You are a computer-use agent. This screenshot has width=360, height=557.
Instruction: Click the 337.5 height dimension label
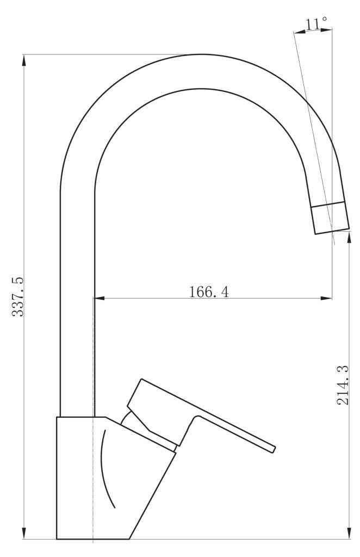pyautogui.click(x=18, y=296)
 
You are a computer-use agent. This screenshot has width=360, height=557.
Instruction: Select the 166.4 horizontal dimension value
pyautogui.click(x=209, y=292)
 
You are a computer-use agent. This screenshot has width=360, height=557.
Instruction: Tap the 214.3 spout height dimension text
pyautogui.click(x=343, y=385)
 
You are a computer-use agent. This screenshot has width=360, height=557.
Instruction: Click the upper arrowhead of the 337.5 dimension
pyautogui.click(x=24, y=60)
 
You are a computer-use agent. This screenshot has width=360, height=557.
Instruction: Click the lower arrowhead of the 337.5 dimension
pyautogui.click(x=24, y=533)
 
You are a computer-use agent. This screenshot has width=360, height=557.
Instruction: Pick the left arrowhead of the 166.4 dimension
pyautogui.click(x=100, y=298)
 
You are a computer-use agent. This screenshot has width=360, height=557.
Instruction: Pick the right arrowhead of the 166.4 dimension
pyautogui.click(x=326, y=298)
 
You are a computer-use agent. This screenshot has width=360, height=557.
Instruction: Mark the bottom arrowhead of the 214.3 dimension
pyautogui.click(x=349, y=533)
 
